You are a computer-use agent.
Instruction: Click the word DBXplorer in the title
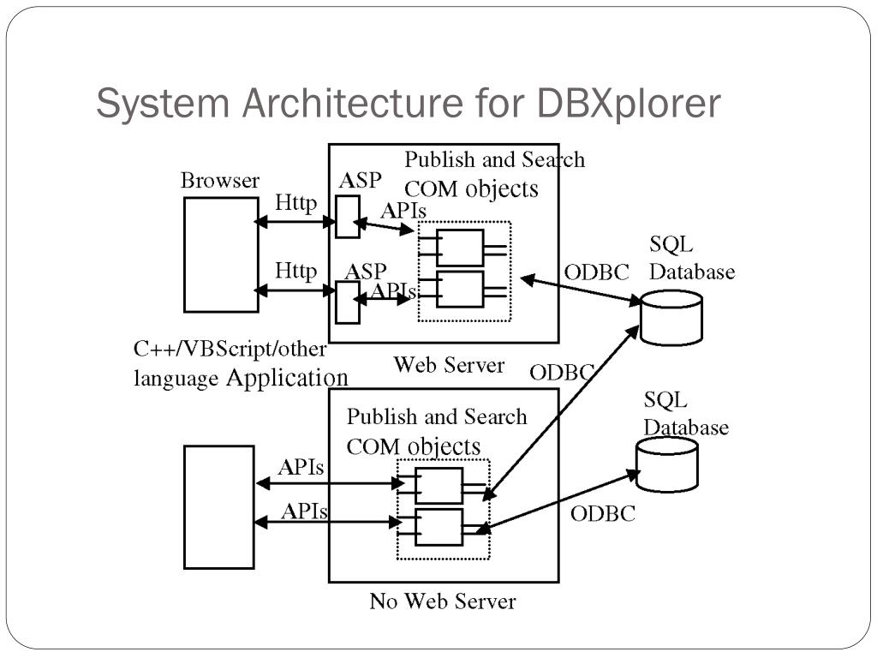pyautogui.click(x=629, y=105)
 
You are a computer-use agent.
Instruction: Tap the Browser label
pyautogui.click(x=219, y=181)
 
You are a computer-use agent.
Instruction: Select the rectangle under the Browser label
pyautogui.click(x=221, y=254)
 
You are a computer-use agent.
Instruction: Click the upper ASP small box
pyautogui.click(x=347, y=217)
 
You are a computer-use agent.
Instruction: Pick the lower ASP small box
pyautogui.click(x=347, y=302)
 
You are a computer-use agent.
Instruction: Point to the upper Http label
pyautogui.click(x=296, y=204)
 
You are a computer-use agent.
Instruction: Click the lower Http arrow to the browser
pyautogui.click(x=296, y=290)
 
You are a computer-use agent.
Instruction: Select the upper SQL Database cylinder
pyautogui.click(x=671, y=317)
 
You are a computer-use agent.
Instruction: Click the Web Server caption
pyautogui.click(x=449, y=365)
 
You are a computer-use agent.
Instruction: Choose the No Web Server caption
pyautogui.click(x=443, y=601)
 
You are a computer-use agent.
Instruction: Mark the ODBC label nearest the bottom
pyautogui.click(x=603, y=513)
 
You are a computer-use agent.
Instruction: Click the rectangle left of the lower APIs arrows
pyautogui.click(x=219, y=506)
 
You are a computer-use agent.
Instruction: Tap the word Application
pyautogui.click(x=287, y=378)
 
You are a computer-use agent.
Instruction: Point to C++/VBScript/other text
pyautogui.click(x=230, y=350)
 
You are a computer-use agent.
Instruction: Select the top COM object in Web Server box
pyautogui.click(x=460, y=248)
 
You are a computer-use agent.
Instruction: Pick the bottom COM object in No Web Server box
pyautogui.click(x=438, y=527)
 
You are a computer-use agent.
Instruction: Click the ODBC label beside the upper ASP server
pyautogui.click(x=596, y=272)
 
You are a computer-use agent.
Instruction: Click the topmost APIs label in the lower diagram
pyautogui.click(x=301, y=468)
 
